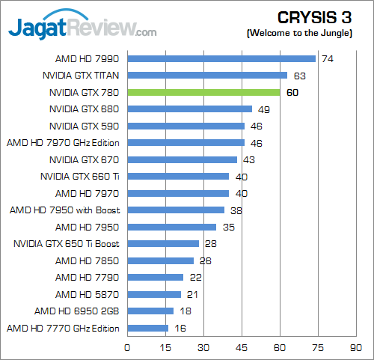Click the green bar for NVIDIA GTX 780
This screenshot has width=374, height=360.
(x=203, y=92)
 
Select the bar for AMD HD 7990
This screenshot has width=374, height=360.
(x=221, y=58)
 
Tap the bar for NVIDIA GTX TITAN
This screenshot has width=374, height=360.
(x=207, y=75)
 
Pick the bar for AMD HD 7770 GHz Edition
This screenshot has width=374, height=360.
(x=147, y=328)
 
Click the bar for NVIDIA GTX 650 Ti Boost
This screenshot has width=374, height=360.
(x=163, y=243)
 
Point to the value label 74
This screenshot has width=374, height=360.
(x=327, y=58)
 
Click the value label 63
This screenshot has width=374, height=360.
(x=299, y=75)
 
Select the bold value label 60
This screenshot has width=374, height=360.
(x=292, y=92)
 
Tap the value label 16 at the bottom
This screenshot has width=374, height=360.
(x=180, y=328)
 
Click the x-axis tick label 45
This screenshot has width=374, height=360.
(x=242, y=347)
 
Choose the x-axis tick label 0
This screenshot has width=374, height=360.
(x=127, y=347)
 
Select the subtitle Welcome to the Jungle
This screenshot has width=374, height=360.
(x=308, y=34)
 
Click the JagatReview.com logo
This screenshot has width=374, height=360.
(x=82, y=28)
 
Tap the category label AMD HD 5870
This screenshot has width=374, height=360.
(x=91, y=294)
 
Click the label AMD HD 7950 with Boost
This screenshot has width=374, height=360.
(x=65, y=210)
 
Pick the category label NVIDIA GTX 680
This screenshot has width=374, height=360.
(x=84, y=109)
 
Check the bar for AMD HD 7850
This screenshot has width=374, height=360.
(x=160, y=260)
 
